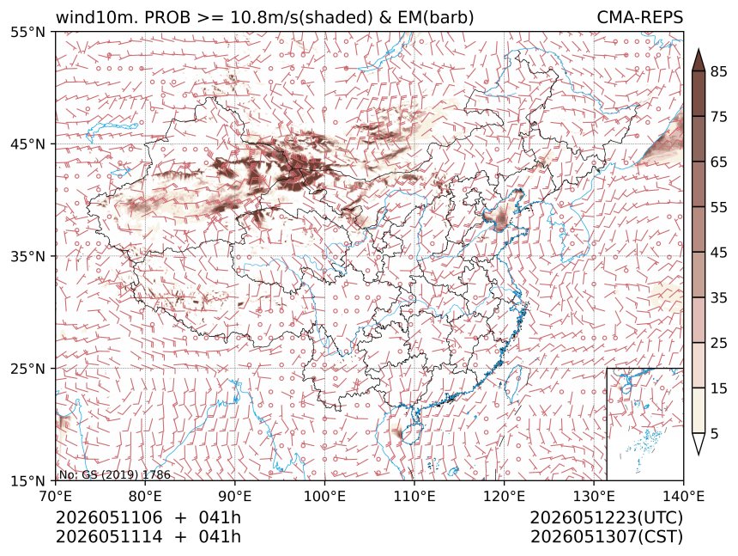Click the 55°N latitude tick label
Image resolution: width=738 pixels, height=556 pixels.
[28, 33]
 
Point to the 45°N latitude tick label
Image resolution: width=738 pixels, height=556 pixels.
[28, 144]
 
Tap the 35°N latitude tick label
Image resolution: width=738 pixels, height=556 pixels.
[28, 257]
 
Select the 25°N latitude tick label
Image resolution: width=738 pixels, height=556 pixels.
[28, 369]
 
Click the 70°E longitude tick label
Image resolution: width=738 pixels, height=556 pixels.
[56, 496]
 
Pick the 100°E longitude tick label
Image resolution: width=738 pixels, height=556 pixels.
[324, 496]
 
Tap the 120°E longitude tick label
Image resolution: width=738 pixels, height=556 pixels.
[504, 496]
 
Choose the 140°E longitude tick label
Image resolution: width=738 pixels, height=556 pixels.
[683, 496]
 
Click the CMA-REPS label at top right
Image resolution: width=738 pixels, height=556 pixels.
[639, 17]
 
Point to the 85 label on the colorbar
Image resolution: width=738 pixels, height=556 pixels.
[719, 71]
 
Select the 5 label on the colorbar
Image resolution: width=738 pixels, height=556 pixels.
[715, 433]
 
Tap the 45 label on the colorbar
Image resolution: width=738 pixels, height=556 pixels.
[719, 253]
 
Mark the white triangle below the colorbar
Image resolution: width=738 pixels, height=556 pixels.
[698, 443]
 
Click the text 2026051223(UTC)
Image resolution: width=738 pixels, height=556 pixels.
[606, 517]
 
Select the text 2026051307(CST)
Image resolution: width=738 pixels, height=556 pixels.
[606, 537]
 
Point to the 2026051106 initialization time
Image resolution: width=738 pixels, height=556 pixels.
[109, 517]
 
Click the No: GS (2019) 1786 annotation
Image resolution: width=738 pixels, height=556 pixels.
[114, 475]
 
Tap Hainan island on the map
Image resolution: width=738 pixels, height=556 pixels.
[412, 433]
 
